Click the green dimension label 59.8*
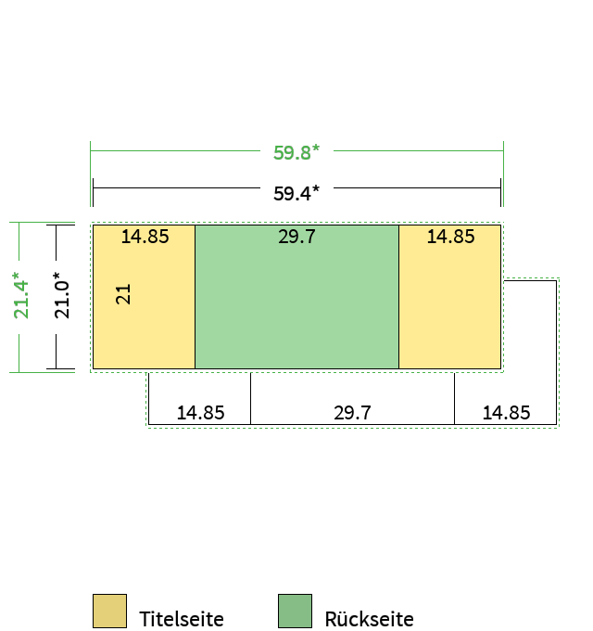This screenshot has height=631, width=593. pos(296,152)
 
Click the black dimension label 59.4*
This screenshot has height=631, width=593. pos(296,193)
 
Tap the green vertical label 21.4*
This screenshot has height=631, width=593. pos(21,295)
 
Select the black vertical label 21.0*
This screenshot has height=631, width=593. pos(61,295)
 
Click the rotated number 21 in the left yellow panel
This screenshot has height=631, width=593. pos(123,294)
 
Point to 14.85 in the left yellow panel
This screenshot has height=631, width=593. pos(145,237)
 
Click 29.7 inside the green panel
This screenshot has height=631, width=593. pos(296,237)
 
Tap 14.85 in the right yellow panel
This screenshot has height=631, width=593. pos(451,237)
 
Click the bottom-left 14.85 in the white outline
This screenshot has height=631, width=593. pos(200,413)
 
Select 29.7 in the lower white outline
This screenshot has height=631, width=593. pos(352,413)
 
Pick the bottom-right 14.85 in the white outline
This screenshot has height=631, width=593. pos(506,413)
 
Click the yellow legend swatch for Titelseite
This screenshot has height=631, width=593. pos(109,611)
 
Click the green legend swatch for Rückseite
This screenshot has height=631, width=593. pos(295,611)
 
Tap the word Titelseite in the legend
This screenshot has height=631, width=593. pos(182,619)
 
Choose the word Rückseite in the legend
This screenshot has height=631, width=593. pos(369,619)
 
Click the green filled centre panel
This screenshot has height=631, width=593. pos(296,297)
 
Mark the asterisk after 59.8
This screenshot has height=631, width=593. pos(316,148)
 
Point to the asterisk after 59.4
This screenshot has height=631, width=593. pos(316,188)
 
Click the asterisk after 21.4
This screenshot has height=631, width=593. pos(16,276)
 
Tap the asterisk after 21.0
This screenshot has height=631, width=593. pos(57,276)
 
